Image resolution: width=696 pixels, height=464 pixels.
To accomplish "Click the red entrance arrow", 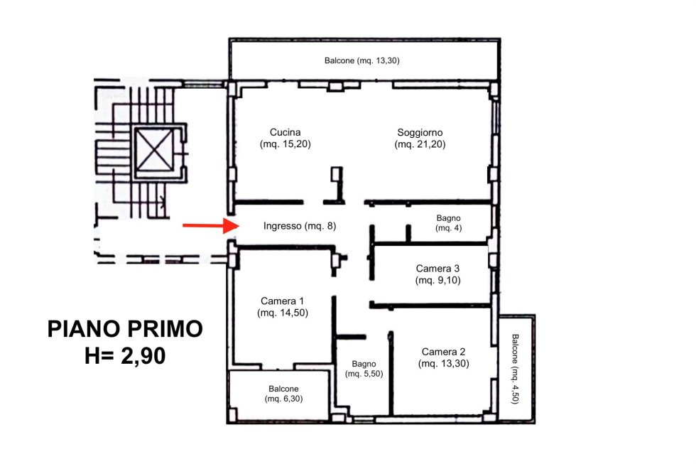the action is click(x=212, y=225).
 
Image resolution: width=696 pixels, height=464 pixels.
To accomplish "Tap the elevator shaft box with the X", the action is click(x=154, y=150).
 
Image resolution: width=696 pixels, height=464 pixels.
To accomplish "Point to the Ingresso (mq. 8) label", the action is click(x=300, y=226).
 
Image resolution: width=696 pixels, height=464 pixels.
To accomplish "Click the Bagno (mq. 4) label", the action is click(x=448, y=223).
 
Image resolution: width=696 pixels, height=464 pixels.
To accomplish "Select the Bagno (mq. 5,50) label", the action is click(x=364, y=369).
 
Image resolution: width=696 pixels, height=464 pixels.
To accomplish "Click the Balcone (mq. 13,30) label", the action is click(x=361, y=60).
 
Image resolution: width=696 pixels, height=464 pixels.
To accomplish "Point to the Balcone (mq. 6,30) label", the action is click(x=283, y=394).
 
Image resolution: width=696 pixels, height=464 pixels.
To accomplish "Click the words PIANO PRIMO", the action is click(x=125, y=329).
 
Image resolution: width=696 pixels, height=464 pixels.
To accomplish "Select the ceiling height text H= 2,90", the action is click(x=125, y=356).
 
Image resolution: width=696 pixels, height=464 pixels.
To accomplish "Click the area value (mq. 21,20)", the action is click(x=420, y=144).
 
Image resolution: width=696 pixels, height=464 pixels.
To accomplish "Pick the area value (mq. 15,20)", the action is click(x=285, y=144).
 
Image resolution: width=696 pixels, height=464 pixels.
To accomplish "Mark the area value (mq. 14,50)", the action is click(x=283, y=313).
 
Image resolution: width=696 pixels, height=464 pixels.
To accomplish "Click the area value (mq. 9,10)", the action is click(x=437, y=280).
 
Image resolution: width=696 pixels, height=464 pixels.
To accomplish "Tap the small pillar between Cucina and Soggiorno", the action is click(x=337, y=174).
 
